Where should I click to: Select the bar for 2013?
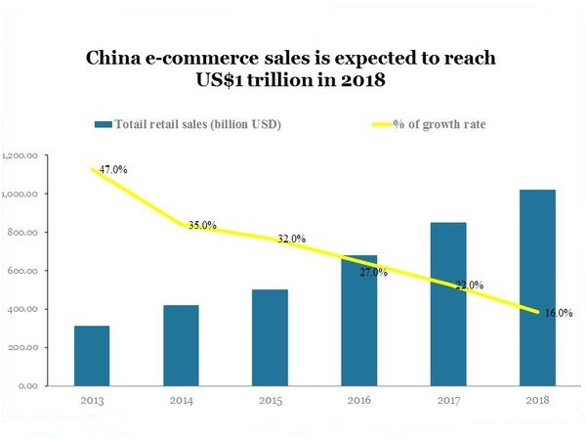tap(91, 356)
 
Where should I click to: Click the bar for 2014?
tap(181, 345)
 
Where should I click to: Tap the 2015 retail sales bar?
tap(270, 337)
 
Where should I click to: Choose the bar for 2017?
tap(448, 304)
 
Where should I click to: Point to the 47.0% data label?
tap(112, 169)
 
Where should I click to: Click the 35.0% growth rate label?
tap(202, 225)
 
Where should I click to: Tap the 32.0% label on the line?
tap(291, 239)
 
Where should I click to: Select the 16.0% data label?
tap(559, 313)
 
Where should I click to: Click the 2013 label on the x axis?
tap(91, 402)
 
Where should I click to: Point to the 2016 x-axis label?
tap(359, 402)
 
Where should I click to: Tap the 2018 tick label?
tap(537, 402)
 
